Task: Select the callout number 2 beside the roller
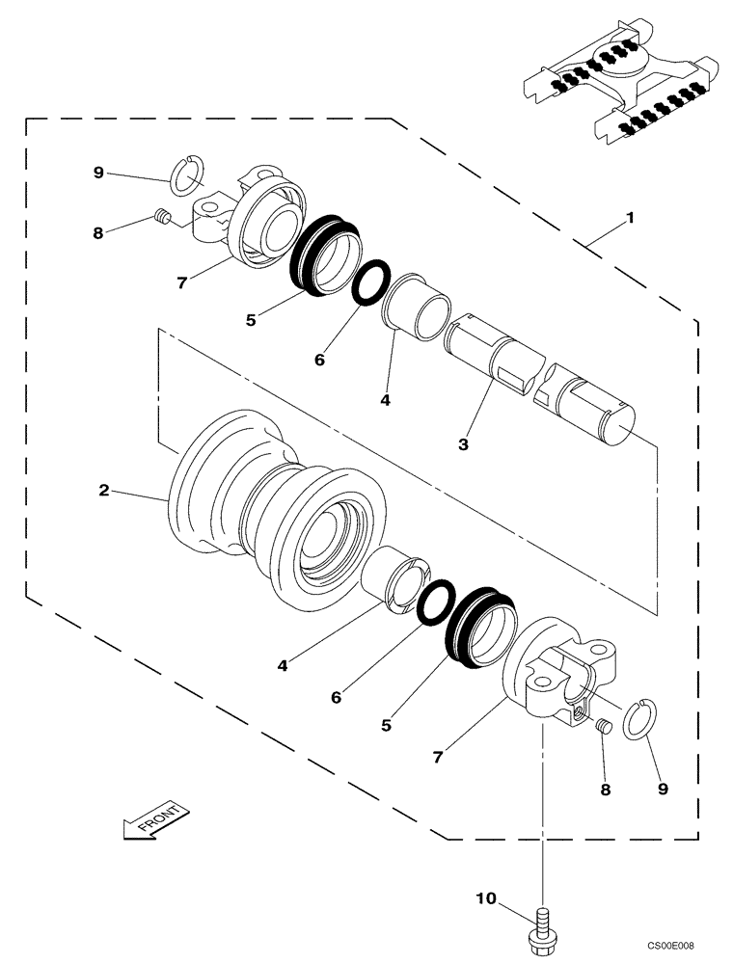tap(103, 490)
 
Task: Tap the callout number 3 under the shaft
tap(464, 444)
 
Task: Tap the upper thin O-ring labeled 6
tap(371, 282)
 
